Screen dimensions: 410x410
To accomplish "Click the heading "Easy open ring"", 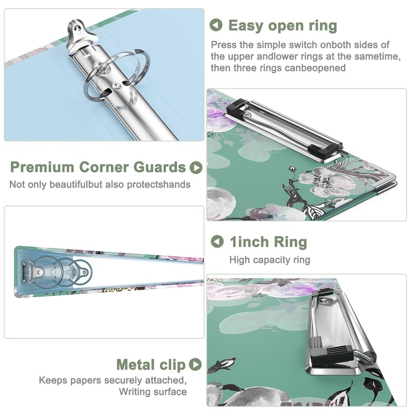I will coord(282,26).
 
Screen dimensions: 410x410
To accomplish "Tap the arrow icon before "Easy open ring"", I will coord(217,25).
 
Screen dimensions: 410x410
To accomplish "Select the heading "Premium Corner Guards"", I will coord(98,167).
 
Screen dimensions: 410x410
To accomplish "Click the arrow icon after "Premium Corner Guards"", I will coord(195,168).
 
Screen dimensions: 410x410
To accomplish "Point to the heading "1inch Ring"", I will coord(268,242).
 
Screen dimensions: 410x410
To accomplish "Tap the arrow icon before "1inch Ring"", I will coord(218,241).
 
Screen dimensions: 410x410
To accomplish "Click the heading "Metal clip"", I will coord(151,364).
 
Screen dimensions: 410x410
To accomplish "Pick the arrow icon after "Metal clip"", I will coord(195,364).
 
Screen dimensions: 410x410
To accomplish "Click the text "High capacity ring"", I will coord(270,260).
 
